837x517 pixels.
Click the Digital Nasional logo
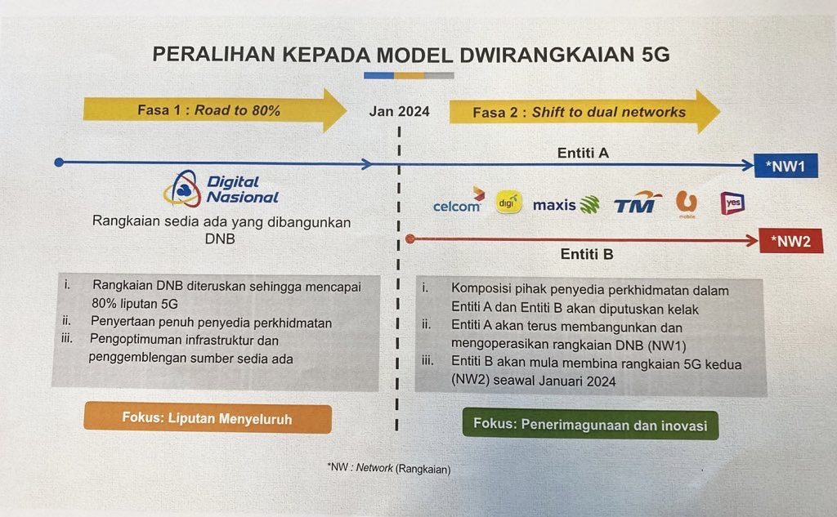(x=221, y=189)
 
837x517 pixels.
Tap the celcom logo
(x=459, y=201)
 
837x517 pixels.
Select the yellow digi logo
(x=508, y=203)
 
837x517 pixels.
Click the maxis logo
(x=566, y=205)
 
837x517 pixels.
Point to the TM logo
(x=638, y=203)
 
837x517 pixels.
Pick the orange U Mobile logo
(x=687, y=204)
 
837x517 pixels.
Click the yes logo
(x=732, y=203)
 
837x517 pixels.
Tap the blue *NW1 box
(x=786, y=166)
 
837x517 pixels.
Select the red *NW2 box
(x=790, y=241)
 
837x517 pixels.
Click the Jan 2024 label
(x=399, y=112)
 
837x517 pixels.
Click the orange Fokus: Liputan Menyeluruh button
(x=208, y=417)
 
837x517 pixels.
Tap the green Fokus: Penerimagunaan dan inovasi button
(x=590, y=425)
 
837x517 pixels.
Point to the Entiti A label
(x=583, y=153)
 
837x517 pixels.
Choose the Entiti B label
(x=587, y=255)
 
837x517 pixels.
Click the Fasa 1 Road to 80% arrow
(x=215, y=110)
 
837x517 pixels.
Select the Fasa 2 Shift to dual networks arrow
(x=584, y=112)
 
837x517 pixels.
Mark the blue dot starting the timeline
(x=59, y=163)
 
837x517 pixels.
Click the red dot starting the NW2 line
(x=410, y=239)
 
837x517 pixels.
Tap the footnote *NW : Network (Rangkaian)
(x=389, y=469)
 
